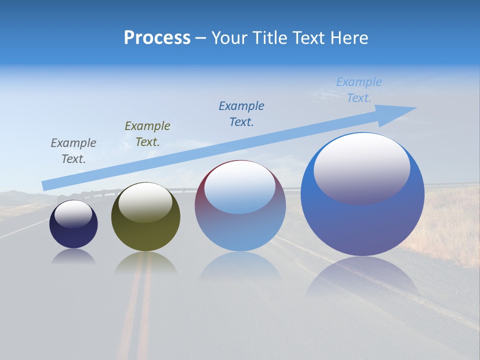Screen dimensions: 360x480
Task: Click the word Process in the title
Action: coord(157,38)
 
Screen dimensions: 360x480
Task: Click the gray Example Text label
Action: coord(73,150)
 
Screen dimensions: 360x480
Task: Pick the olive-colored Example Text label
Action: coord(147,133)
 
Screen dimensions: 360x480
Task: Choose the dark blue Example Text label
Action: coord(241,113)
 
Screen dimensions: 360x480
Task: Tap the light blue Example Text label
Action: coord(359,89)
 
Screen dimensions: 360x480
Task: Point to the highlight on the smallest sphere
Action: coord(73,213)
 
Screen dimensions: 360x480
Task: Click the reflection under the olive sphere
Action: coord(145,262)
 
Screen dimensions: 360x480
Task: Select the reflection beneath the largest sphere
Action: coord(362,277)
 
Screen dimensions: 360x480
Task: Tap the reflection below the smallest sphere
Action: coord(73,256)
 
